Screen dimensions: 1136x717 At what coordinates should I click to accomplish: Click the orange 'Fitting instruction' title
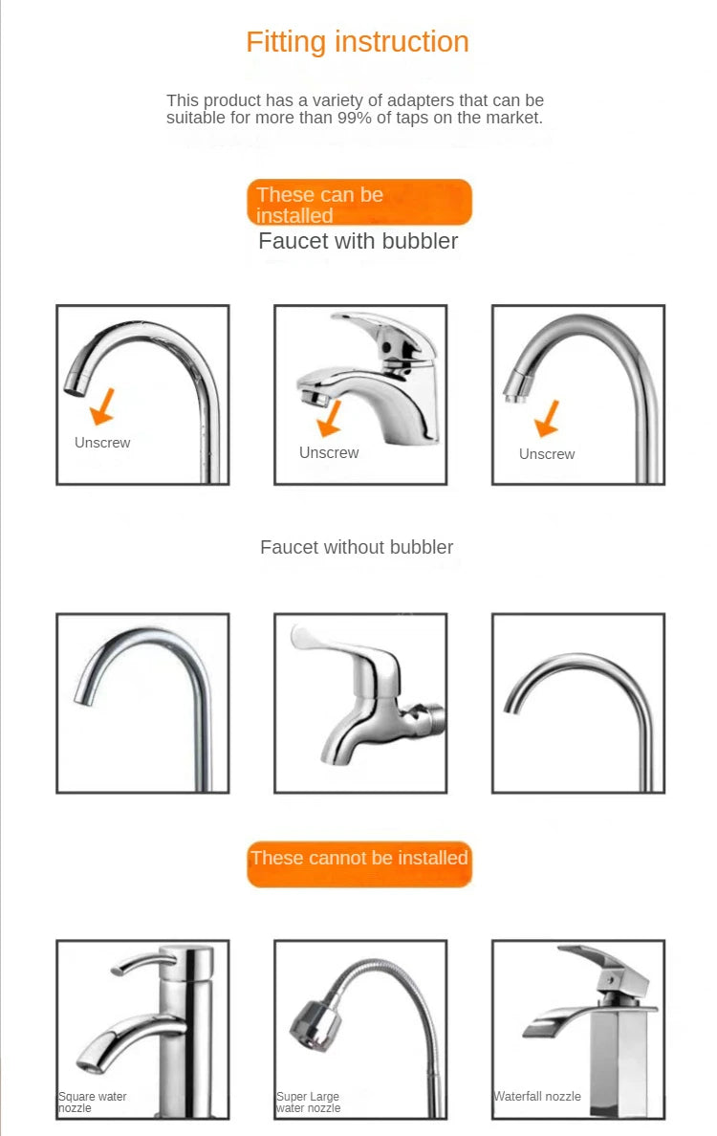(358, 42)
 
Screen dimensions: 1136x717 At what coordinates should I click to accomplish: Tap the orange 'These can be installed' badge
(358, 203)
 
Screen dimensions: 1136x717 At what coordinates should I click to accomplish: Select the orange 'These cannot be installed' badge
(358, 858)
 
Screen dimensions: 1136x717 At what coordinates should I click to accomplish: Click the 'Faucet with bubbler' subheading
(358, 241)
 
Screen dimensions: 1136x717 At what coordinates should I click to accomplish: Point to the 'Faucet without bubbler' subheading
(357, 547)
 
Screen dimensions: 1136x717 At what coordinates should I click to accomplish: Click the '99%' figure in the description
(358, 119)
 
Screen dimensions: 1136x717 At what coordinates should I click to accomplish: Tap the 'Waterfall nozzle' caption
(537, 1096)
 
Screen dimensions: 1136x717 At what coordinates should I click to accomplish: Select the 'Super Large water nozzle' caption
(308, 1102)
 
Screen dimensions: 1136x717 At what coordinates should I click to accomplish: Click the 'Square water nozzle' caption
(92, 1102)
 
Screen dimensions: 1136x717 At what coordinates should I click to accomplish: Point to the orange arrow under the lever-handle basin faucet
(330, 417)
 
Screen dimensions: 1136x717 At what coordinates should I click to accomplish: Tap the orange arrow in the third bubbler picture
(547, 419)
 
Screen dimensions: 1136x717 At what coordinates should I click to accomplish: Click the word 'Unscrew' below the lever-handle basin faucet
(329, 452)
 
